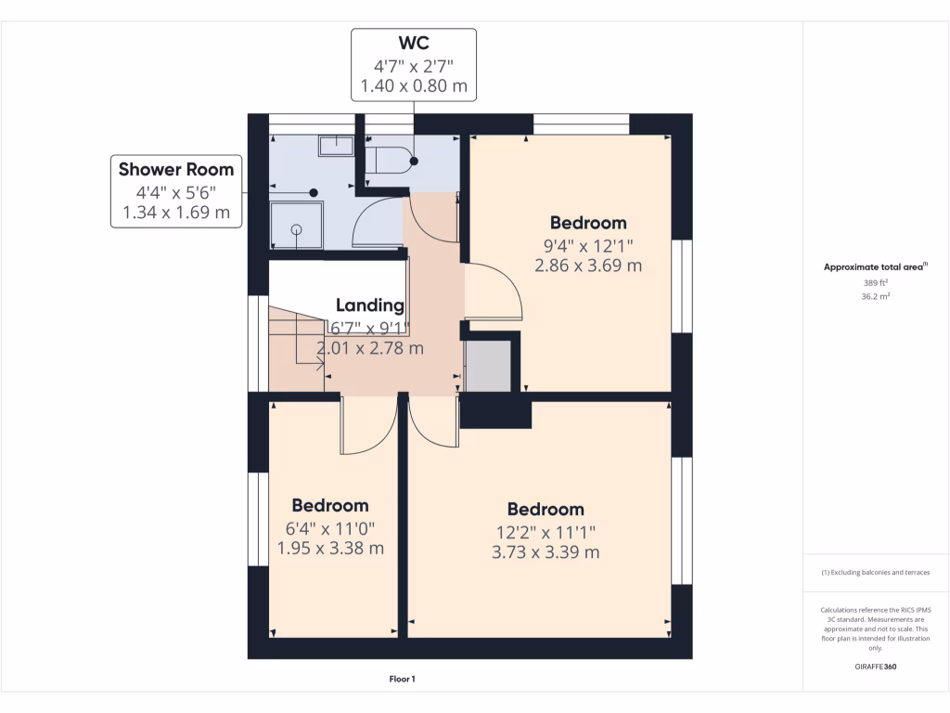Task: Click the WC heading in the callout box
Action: pyautogui.click(x=414, y=43)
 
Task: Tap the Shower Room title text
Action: pyautogui.click(x=176, y=169)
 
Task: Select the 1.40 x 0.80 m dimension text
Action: pyautogui.click(x=414, y=85)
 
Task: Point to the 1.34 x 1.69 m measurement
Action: pyautogui.click(x=176, y=213)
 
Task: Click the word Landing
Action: pyautogui.click(x=370, y=305)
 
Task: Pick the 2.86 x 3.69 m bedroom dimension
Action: pyautogui.click(x=588, y=266)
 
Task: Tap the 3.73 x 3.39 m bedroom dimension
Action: pyautogui.click(x=546, y=552)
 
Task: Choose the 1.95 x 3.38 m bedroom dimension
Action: pyautogui.click(x=331, y=548)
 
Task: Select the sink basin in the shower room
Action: pyautogui.click(x=336, y=146)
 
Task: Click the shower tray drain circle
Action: pyautogui.click(x=296, y=230)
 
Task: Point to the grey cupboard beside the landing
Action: pyautogui.click(x=488, y=366)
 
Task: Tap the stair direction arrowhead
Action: pyautogui.click(x=320, y=364)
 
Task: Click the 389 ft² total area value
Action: pyautogui.click(x=876, y=283)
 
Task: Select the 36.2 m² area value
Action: pyautogui.click(x=876, y=296)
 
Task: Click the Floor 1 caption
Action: pyautogui.click(x=403, y=679)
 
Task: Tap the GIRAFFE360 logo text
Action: pyautogui.click(x=876, y=667)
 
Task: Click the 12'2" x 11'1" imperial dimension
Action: pyautogui.click(x=546, y=532)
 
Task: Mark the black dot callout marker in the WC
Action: pyautogui.click(x=414, y=162)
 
